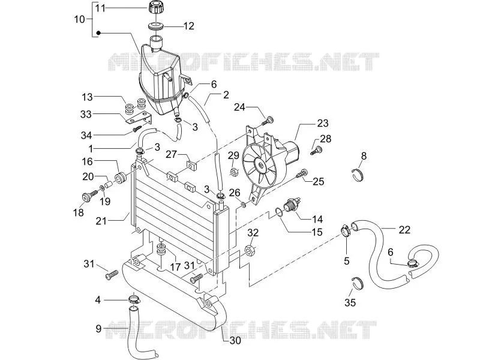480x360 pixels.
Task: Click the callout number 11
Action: (100, 8)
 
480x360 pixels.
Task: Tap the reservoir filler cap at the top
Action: (156, 7)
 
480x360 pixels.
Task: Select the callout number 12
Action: (189, 26)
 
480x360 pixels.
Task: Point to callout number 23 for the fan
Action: (323, 123)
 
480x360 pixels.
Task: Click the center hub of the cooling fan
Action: (261, 166)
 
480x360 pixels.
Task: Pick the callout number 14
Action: (317, 219)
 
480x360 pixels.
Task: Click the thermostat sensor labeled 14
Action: (292, 204)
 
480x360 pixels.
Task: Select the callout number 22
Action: (404, 230)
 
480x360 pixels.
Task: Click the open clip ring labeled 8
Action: (358, 175)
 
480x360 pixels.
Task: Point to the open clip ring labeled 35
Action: (358, 283)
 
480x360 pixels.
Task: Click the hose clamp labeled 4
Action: (134, 298)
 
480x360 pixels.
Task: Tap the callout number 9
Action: (98, 329)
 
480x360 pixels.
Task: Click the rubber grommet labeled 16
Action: (120, 178)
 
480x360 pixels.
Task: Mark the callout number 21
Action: (101, 221)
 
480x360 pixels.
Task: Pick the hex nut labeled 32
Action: (250, 249)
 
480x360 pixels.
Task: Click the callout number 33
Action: (86, 114)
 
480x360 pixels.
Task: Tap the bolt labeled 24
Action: (266, 121)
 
